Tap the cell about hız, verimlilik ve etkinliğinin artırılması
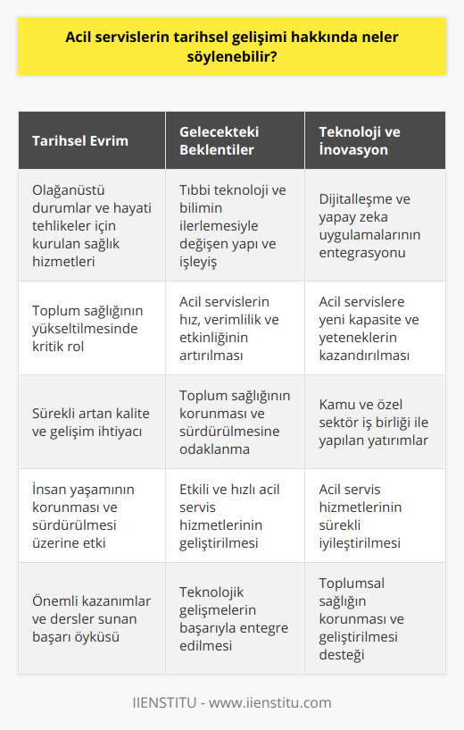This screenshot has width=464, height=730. click(x=229, y=328)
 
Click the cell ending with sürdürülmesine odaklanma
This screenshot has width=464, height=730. click(x=229, y=422)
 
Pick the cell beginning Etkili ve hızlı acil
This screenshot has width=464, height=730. click(x=229, y=516)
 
